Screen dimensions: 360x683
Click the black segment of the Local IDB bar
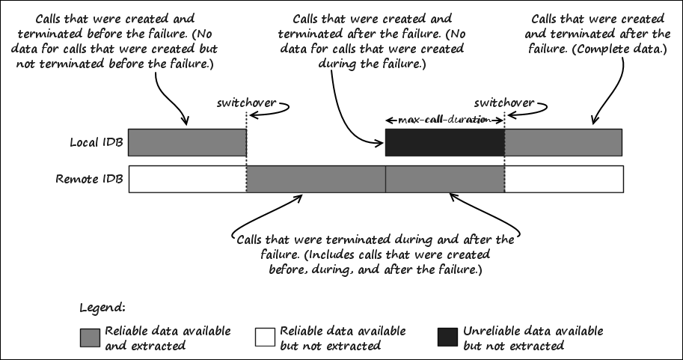pos(444,142)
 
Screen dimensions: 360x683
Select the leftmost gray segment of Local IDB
pos(187,142)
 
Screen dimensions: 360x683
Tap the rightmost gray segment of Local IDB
pos(563,142)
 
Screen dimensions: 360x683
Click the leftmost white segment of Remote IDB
pos(187,180)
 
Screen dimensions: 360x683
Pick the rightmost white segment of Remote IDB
pos(563,180)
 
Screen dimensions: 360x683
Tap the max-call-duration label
pos(444,120)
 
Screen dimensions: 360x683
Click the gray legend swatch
pos(89,338)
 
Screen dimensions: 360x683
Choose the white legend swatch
pos(265,338)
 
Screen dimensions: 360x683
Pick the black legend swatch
pos(447,338)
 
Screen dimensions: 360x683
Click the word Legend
pos(102,308)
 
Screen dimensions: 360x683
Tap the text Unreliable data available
pos(533,331)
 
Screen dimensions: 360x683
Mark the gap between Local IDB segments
pos(315,142)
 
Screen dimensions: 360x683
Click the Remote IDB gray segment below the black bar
pos(444,180)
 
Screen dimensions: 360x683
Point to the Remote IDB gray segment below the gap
pos(315,180)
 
